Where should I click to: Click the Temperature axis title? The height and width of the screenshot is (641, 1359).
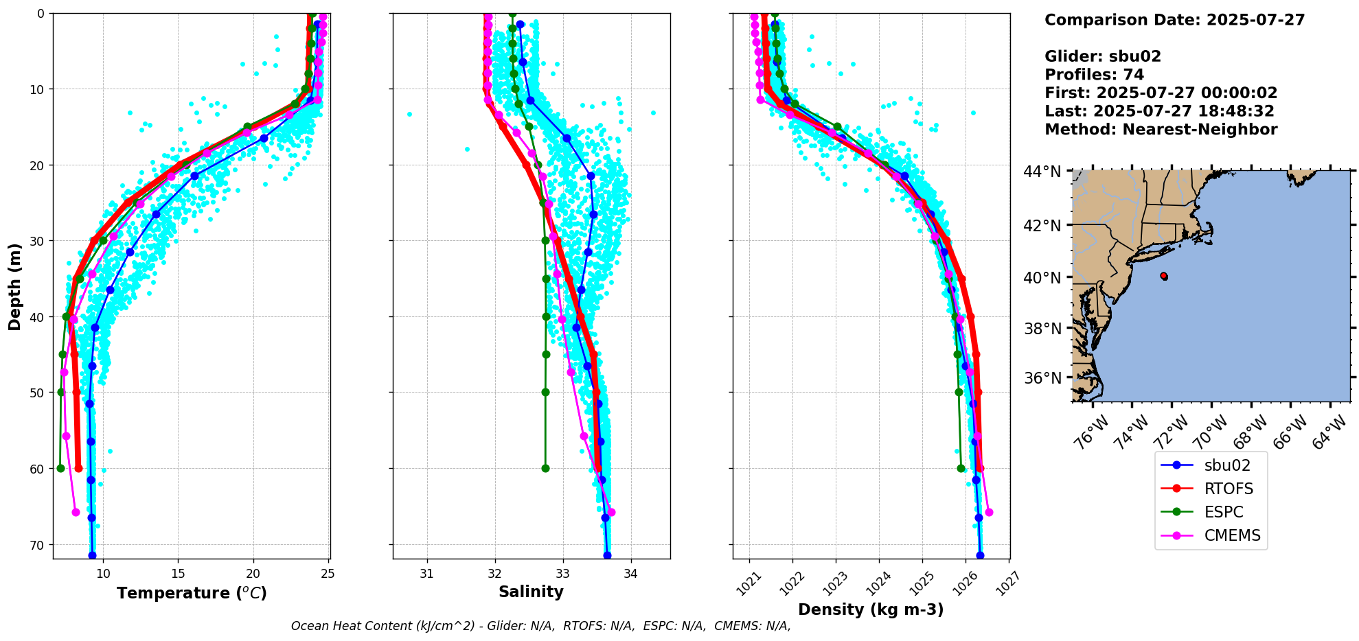click(192, 593)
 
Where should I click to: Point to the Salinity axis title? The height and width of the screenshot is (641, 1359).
click(531, 592)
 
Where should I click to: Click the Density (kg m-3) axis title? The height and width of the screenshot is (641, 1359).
click(871, 609)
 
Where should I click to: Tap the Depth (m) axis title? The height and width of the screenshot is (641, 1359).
click(15, 286)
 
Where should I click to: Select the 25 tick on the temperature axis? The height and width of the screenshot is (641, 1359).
click(328, 574)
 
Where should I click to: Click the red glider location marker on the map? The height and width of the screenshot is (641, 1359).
click(1164, 276)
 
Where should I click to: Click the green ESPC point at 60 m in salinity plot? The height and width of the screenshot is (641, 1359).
click(545, 469)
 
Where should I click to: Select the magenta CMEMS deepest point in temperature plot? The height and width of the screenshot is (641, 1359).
click(76, 512)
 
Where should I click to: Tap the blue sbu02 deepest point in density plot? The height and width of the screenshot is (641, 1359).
click(980, 555)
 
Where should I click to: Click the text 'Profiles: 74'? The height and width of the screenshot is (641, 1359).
click(1094, 75)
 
